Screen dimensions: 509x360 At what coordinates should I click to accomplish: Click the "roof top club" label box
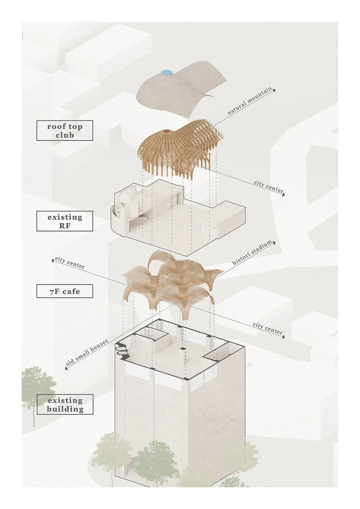pyautogui.click(x=64, y=130)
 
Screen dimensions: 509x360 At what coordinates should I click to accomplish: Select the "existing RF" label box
pyautogui.click(x=64, y=221)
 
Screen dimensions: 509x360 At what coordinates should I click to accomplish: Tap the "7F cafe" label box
pyautogui.click(x=64, y=291)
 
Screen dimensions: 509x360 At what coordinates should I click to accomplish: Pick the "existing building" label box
pyautogui.click(x=64, y=404)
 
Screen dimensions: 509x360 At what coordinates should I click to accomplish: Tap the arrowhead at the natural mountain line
pyautogui.click(x=274, y=90)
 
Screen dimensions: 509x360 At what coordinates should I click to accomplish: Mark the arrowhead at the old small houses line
pyautogui.click(x=66, y=368)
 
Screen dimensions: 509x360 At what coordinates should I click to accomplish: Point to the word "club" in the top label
pyautogui.click(x=64, y=136)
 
